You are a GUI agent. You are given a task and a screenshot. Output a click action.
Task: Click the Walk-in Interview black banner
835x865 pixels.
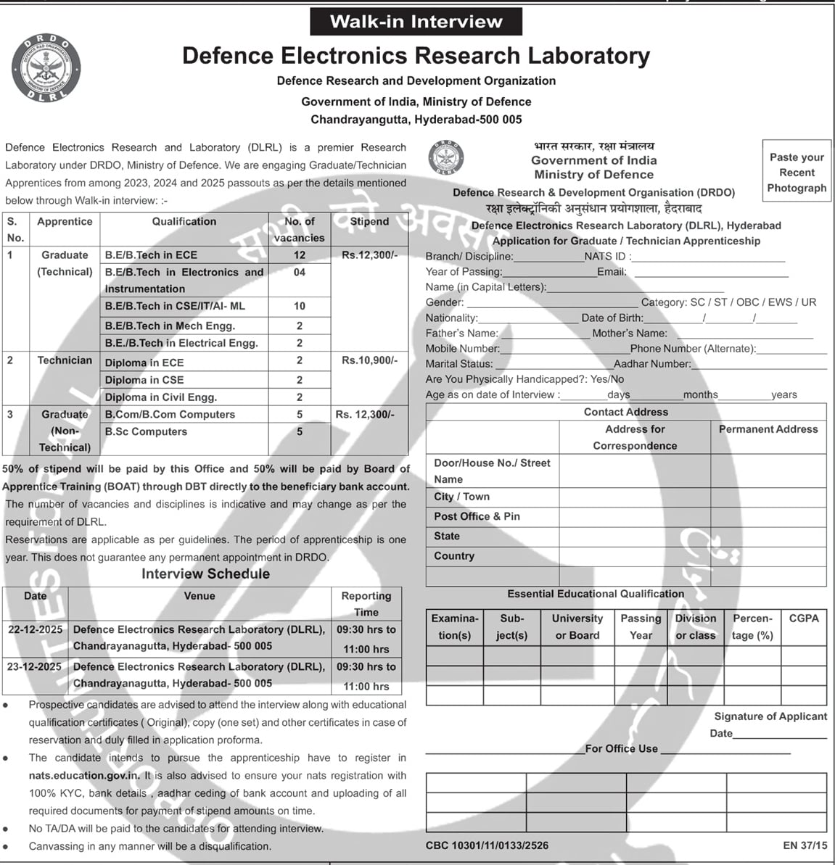click(x=416, y=22)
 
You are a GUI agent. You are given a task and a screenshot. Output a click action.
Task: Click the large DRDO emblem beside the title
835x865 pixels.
click(x=46, y=67)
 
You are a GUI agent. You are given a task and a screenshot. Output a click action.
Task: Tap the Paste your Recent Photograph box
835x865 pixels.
click(x=797, y=173)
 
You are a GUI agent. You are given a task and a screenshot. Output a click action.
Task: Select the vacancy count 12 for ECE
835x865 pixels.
click(x=300, y=255)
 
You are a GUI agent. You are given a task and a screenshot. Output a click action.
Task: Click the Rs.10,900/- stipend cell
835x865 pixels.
click(x=369, y=360)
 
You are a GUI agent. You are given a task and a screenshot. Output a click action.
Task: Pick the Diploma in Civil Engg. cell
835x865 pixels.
click(x=161, y=397)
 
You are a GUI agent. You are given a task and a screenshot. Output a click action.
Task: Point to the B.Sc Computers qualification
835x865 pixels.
click(x=146, y=431)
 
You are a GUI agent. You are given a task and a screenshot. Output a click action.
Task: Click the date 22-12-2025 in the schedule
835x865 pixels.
click(x=35, y=629)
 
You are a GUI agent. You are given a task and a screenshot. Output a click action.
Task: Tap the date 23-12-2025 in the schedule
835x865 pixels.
click(x=35, y=666)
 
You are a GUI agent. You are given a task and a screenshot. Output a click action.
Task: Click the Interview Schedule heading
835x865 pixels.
click(x=205, y=574)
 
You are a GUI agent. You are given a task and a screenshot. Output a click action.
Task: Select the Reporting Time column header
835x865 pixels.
click(x=366, y=603)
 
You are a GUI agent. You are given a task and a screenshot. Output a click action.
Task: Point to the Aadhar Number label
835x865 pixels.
click(x=652, y=364)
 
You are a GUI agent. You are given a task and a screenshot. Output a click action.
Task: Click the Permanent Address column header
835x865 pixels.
click(x=768, y=429)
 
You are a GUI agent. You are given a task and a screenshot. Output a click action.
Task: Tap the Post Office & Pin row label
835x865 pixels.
click(x=477, y=516)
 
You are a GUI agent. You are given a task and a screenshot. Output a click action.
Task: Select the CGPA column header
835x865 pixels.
click(x=804, y=618)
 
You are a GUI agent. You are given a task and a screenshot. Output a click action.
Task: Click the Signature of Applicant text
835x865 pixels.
click(x=770, y=716)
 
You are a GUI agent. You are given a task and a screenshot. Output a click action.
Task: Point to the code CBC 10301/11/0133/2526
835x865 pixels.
click(x=487, y=845)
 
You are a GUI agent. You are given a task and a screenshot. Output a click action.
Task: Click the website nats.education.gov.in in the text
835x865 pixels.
click(x=84, y=775)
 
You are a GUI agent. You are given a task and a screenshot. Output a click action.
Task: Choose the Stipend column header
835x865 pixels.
click(x=369, y=222)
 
